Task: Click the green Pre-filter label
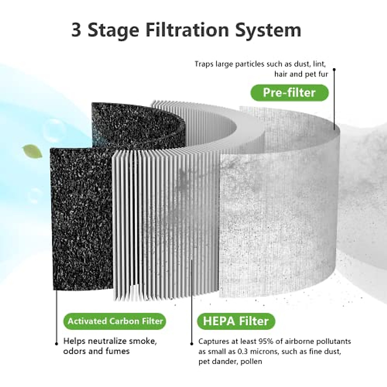[x=289, y=93]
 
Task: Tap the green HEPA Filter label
[x=235, y=321]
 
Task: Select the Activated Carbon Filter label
[x=115, y=321]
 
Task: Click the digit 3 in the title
[x=76, y=30]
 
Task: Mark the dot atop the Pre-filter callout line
[x=334, y=69]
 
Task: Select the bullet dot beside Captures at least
[x=192, y=343]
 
